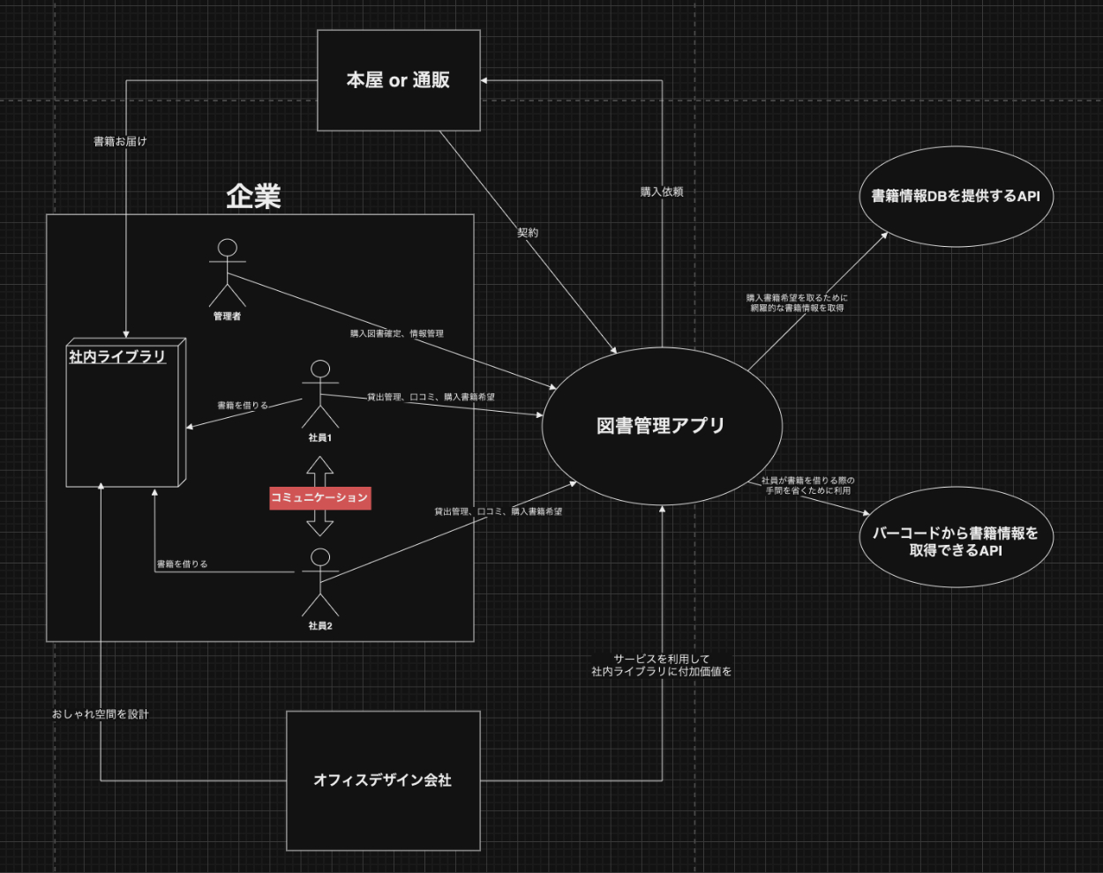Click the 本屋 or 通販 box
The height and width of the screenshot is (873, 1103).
(x=398, y=80)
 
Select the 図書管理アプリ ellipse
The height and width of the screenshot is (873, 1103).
(x=661, y=426)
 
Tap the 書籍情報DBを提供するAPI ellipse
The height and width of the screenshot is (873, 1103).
(x=956, y=196)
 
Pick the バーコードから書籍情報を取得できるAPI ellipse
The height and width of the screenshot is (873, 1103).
(x=956, y=541)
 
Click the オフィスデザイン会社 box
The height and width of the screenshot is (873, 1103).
(x=383, y=780)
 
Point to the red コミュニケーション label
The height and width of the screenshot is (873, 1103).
(x=319, y=497)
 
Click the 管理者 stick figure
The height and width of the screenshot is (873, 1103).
(x=227, y=272)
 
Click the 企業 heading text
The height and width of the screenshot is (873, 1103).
(x=253, y=196)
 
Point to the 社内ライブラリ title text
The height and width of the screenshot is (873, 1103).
(x=117, y=356)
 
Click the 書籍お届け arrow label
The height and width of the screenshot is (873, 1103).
(x=120, y=141)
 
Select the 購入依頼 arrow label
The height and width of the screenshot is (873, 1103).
(x=661, y=191)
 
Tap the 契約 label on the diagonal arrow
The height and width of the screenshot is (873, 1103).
(x=528, y=233)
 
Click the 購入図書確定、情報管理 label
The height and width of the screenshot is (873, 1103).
(x=396, y=333)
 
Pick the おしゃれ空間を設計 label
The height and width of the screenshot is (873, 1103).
(x=101, y=713)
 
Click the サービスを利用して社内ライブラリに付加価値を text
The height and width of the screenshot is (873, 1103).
(x=661, y=665)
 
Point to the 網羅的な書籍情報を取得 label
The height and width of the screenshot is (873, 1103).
(x=797, y=308)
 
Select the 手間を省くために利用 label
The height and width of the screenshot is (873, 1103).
(x=807, y=490)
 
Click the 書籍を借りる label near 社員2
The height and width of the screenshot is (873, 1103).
(x=182, y=563)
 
